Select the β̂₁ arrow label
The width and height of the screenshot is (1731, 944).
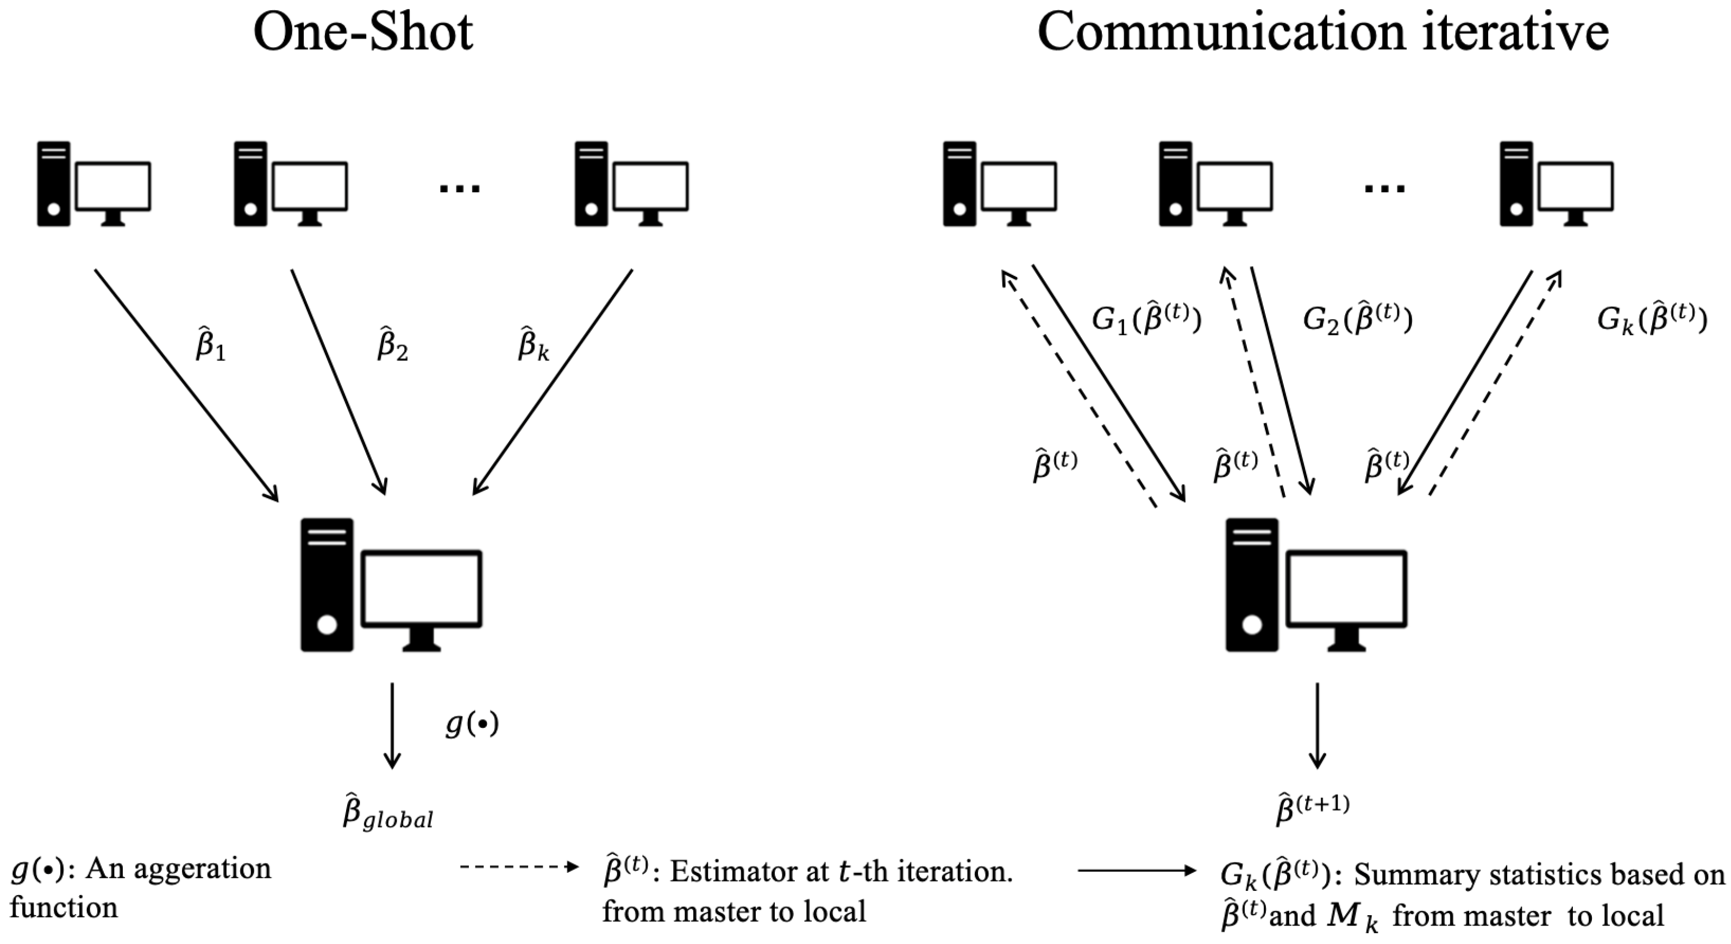(210, 343)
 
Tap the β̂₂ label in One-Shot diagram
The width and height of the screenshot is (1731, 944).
(392, 343)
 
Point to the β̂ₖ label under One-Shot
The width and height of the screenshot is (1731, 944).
(534, 343)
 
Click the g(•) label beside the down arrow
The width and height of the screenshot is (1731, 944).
(472, 725)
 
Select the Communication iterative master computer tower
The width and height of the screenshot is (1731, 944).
(1251, 584)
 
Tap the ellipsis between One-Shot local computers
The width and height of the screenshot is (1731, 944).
(460, 189)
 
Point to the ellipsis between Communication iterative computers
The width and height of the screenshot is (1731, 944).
(1385, 189)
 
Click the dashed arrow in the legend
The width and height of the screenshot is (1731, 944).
(519, 867)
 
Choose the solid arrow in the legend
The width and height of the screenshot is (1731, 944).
(1137, 871)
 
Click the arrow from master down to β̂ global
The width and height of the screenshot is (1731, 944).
(392, 726)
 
